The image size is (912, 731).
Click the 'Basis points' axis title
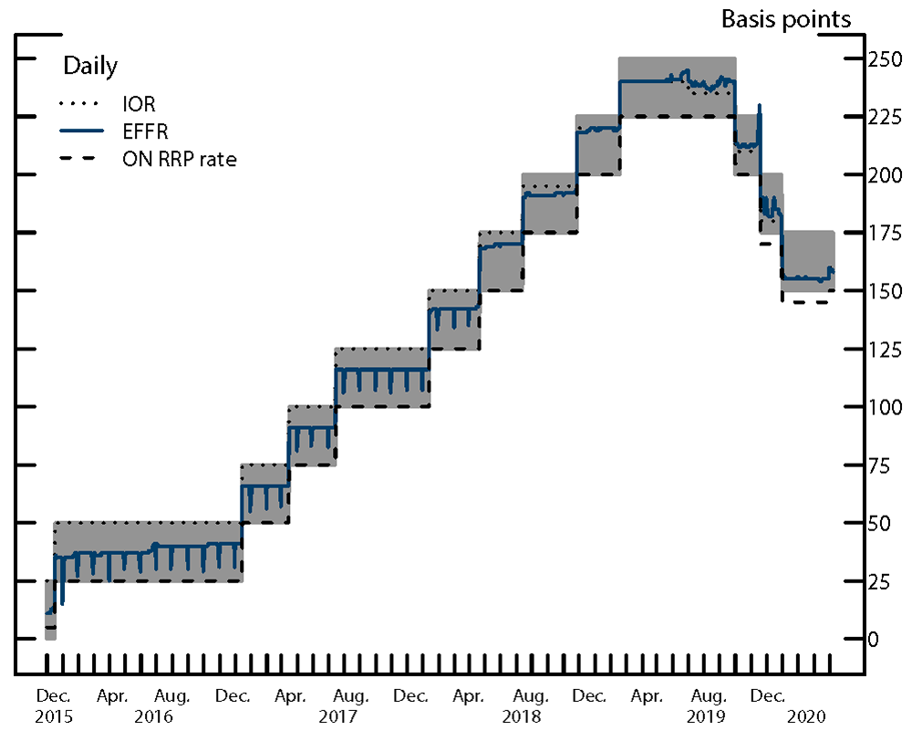pos(786,18)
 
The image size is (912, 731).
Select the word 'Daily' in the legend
pos(89,66)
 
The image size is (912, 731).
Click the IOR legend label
pos(138,104)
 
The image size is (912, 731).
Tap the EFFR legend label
pos(144,131)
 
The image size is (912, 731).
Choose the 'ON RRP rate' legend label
pos(179,160)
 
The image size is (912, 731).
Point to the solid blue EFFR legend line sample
pos(81,131)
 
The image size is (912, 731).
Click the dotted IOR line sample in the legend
pos(81,104)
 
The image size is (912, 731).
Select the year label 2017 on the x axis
pos(337,716)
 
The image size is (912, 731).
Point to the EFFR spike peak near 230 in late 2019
pos(760,106)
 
